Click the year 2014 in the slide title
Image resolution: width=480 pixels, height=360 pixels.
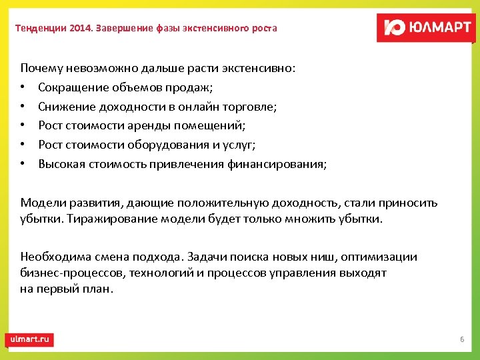tap(81, 28)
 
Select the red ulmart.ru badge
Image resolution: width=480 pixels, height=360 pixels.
tap(29, 339)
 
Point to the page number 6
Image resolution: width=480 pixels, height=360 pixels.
tap(461, 340)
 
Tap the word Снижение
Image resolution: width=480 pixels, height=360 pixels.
tap(64, 107)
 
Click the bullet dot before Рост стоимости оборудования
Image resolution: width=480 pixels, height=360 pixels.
tap(23, 145)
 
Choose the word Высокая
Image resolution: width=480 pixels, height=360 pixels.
tap(61, 164)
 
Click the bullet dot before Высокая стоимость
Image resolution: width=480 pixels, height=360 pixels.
tap(23, 164)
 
